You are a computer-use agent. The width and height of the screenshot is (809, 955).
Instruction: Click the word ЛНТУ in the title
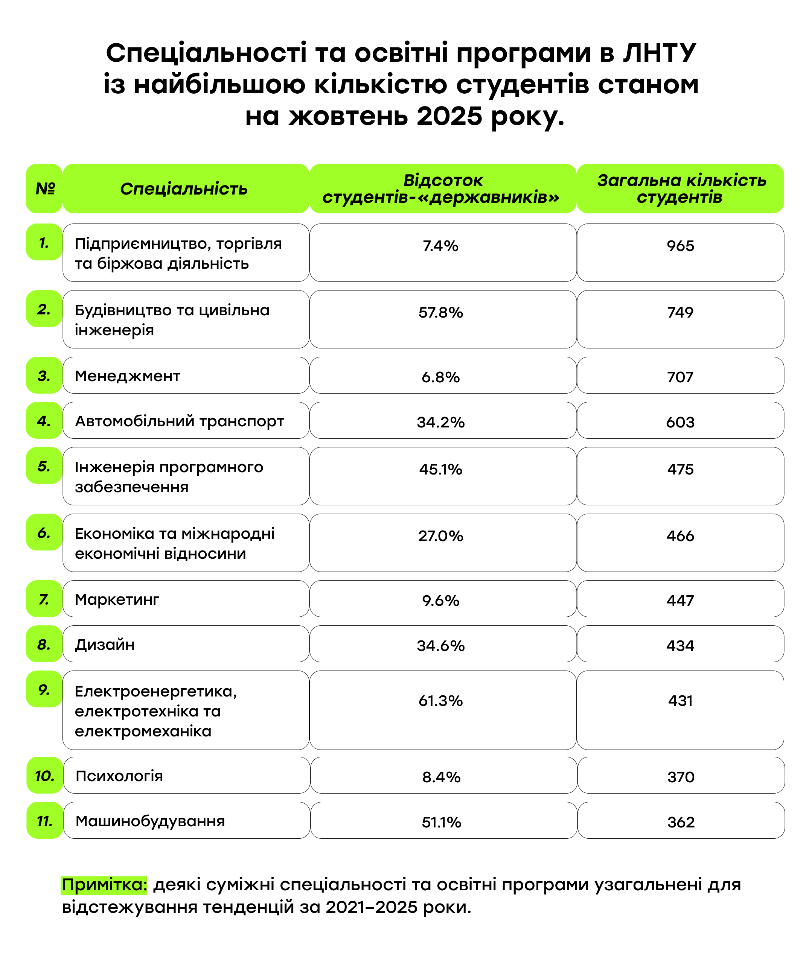pyautogui.click(x=659, y=53)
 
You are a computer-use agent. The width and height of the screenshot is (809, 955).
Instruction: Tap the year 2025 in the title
pyautogui.click(x=449, y=116)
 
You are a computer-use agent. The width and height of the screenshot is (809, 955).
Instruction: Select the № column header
pyautogui.click(x=44, y=189)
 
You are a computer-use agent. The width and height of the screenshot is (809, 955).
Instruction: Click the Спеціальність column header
pyautogui.click(x=184, y=189)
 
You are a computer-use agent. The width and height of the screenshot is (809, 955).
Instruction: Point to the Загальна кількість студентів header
pyautogui.click(x=681, y=189)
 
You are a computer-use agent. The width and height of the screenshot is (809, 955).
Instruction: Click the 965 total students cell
pyautogui.click(x=680, y=246)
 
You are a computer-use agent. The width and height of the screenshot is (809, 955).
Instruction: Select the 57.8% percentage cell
pyautogui.click(x=441, y=312)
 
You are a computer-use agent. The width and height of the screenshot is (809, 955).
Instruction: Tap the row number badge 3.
pyautogui.click(x=44, y=376)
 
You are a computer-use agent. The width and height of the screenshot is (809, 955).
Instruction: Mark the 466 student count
pyautogui.click(x=680, y=535)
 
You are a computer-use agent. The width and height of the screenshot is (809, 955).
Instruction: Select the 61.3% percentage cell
pyautogui.click(x=441, y=701)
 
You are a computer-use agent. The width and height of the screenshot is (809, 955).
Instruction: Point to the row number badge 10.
pyautogui.click(x=44, y=776)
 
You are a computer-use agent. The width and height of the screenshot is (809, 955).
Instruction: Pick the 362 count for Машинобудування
pyautogui.click(x=681, y=822)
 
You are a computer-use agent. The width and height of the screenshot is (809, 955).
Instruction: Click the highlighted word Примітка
pyautogui.click(x=104, y=884)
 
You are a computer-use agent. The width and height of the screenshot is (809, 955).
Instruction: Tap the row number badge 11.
pyautogui.click(x=44, y=821)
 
